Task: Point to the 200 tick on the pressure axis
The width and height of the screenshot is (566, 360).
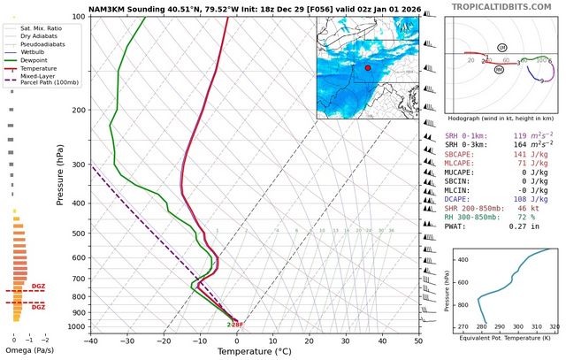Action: click(77, 110)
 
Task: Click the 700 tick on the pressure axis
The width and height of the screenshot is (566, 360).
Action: click(77, 278)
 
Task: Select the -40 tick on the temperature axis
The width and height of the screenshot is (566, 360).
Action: click(90, 341)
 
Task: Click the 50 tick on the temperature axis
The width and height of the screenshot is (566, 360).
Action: click(418, 341)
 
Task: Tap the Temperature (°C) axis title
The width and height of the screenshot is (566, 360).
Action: click(254, 351)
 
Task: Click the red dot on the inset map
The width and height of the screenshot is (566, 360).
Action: click(368, 67)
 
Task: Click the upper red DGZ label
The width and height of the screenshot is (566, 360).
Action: click(38, 286)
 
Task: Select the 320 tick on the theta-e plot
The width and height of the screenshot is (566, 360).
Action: click(554, 327)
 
